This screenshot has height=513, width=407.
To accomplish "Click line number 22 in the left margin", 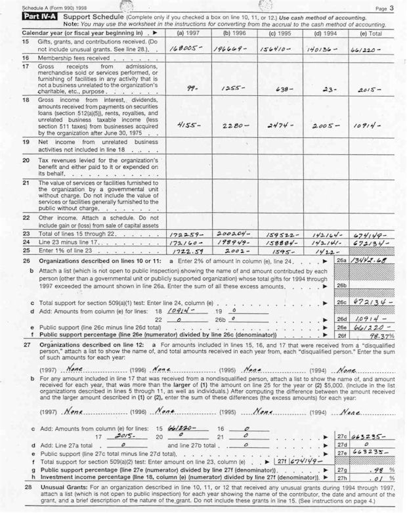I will [x=26, y=216].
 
